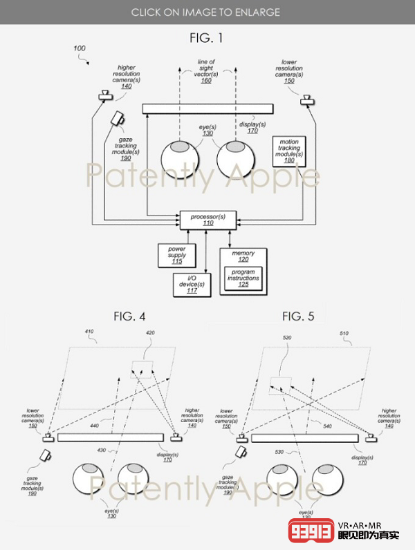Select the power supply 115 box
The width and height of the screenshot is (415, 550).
(172, 255)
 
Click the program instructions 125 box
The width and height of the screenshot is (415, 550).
(243, 278)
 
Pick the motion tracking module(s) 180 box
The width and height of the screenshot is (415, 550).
(289, 152)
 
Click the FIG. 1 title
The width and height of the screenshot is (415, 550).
(207, 38)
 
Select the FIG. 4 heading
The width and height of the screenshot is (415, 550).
(129, 316)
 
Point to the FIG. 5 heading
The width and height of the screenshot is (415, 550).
(298, 316)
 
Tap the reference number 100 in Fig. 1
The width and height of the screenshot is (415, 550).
(80, 48)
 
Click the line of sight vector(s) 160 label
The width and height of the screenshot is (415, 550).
(206, 71)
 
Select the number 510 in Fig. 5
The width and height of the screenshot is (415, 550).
(346, 333)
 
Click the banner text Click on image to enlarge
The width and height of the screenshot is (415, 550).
(207, 12)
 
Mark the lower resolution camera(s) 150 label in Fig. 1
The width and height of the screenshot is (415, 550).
(289, 71)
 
